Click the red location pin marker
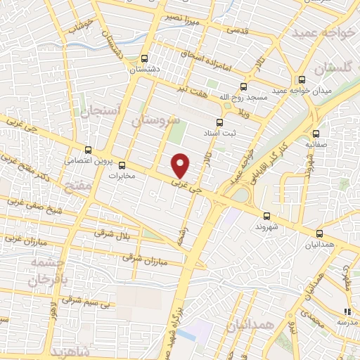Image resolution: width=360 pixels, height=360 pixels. coord(181,165)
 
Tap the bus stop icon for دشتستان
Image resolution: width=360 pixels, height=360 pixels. coord(144,59)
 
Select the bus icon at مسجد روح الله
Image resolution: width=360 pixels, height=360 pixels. coord(243,86)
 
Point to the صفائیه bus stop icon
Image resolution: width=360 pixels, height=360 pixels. coord(314,133)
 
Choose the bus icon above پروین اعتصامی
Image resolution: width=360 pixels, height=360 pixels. coord(88,150)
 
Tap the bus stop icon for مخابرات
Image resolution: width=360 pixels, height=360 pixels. coord(122,166)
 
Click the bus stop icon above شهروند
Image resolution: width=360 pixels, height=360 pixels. coord(266,217)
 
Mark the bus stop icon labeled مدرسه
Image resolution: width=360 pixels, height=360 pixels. coord(347,311)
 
